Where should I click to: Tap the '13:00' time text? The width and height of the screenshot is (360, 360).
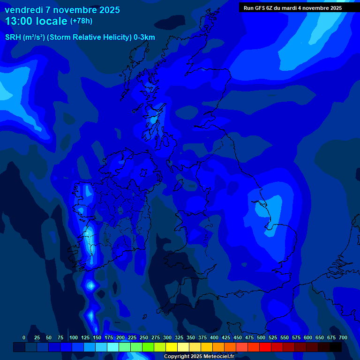(x=19, y=21)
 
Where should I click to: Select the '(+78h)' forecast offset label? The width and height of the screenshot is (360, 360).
(x=81, y=21)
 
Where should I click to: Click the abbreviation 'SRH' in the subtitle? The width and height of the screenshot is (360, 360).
(x=14, y=37)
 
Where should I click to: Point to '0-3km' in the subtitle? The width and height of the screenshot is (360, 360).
(x=144, y=37)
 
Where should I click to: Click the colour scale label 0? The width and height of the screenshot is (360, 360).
(x=24, y=337)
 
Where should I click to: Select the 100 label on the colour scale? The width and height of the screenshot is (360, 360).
(x=74, y=337)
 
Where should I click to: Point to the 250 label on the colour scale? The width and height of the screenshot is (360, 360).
(x=144, y=337)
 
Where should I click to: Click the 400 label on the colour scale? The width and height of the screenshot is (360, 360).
(x=214, y=337)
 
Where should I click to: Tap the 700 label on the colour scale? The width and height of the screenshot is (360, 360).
(x=343, y=337)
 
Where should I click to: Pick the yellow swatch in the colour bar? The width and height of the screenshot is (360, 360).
(x=172, y=347)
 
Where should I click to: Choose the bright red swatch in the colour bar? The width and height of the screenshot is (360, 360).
(x=265, y=347)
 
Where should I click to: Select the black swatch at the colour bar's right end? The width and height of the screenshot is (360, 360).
(x=336, y=347)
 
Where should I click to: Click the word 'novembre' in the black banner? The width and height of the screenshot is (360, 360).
(x=317, y=8)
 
